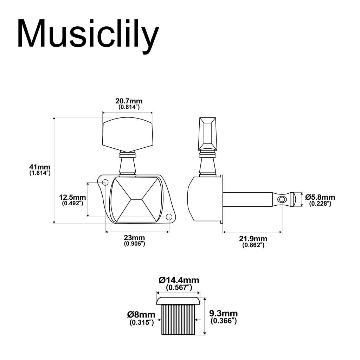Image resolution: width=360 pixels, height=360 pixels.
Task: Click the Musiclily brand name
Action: coord(88,34)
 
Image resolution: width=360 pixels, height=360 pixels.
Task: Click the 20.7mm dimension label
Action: coord(129,101)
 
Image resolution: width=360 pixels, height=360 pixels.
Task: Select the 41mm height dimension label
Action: coord(40,167)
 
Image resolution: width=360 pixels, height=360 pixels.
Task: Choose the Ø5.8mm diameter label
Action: coord(320,197)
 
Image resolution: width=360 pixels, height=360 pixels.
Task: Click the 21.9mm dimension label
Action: coord(253,239)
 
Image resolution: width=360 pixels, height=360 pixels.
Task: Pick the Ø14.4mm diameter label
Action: coord(179,280)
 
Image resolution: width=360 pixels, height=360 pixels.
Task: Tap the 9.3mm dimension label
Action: coord(223,313)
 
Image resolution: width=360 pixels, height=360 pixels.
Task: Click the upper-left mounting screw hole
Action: coord(105,182)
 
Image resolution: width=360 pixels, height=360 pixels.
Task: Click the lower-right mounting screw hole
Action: coord(169,217)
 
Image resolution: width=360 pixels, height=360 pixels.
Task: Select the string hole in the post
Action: coord(282,199)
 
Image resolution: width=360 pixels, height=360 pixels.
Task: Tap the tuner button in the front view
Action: coord(127,135)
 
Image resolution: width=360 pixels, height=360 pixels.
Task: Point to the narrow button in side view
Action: coord(207,133)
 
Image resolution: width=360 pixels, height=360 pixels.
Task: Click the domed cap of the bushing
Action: coord(178,300)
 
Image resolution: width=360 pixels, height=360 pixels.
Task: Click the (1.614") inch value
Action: coord(40,173)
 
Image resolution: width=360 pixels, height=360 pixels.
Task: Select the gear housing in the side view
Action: coord(204,199)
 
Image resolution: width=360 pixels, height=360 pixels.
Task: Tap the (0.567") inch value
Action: coord(179,288)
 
